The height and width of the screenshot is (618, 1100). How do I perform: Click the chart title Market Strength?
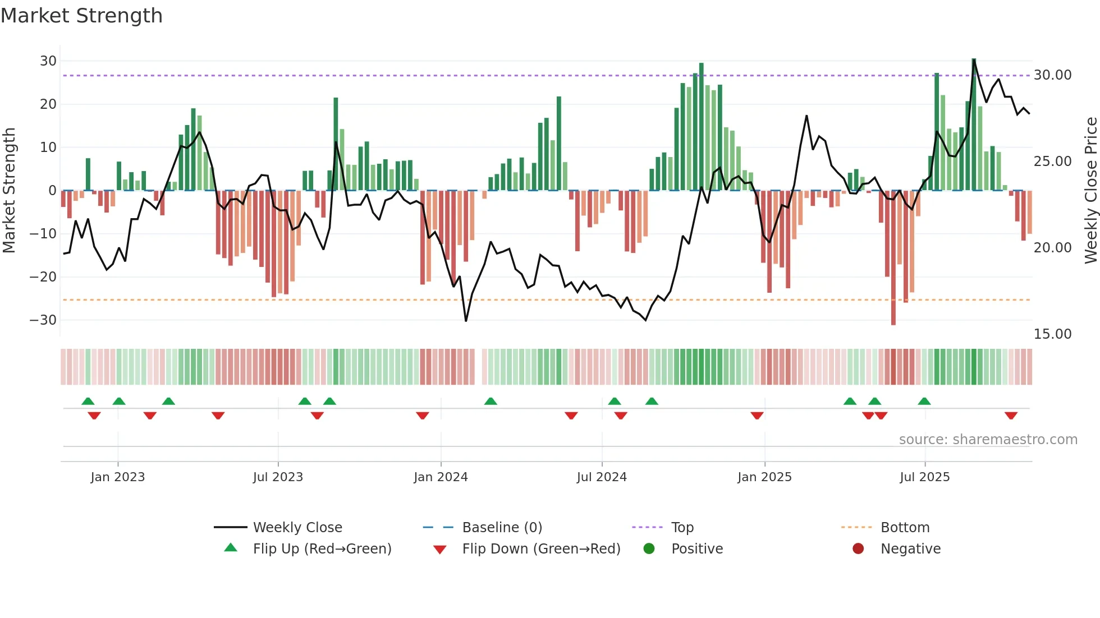click(81, 16)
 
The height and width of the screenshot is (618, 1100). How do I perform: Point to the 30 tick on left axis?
click(48, 61)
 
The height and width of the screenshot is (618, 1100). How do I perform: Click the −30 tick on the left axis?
click(43, 320)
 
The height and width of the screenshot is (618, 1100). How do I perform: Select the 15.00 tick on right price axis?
click(1052, 334)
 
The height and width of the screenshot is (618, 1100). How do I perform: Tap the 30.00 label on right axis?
click(1052, 75)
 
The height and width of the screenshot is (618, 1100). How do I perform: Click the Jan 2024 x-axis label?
click(441, 477)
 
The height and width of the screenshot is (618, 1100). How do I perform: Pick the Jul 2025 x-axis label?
click(924, 477)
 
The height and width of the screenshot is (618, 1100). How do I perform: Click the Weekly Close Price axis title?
click(1090, 191)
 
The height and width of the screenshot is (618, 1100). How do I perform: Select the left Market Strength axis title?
click(9, 191)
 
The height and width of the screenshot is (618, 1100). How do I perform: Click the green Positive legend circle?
click(649, 549)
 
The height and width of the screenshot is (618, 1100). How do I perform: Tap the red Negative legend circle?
click(858, 549)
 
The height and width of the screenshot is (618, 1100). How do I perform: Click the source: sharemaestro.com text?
click(988, 440)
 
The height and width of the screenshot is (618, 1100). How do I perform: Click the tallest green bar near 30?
click(974, 123)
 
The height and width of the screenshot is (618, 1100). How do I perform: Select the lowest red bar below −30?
click(893, 258)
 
